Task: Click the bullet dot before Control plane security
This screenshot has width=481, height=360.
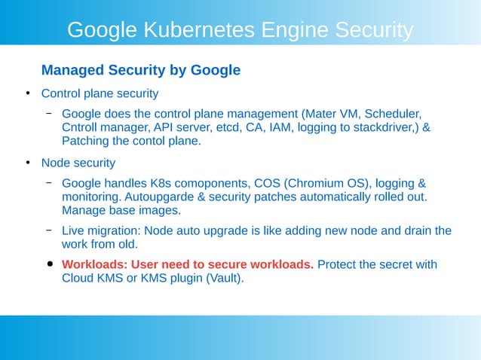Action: pyautogui.click(x=27, y=93)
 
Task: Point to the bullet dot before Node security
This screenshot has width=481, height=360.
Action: pyautogui.click(x=27, y=162)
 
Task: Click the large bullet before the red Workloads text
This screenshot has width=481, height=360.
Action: pyautogui.click(x=50, y=264)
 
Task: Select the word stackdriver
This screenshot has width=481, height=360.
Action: pyautogui.click(x=382, y=127)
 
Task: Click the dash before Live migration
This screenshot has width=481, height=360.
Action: pyautogui.click(x=48, y=230)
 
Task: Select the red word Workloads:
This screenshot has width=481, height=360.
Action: pyautogui.click(x=94, y=264)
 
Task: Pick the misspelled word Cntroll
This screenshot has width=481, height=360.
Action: pyautogui.click(x=83, y=127)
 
